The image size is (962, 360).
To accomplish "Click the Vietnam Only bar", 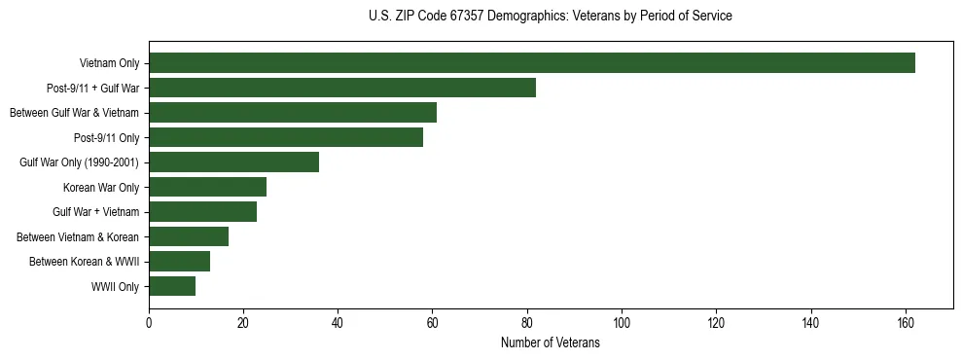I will [532, 63].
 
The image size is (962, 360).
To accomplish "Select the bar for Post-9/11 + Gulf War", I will [342, 88].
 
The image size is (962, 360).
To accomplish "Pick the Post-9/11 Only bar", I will [286, 137].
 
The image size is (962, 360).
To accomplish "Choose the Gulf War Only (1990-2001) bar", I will [233, 162].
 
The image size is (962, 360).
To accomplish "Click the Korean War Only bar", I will [207, 187].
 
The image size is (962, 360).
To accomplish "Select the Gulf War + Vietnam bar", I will [202, 212].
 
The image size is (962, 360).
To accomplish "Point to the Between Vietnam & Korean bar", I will [189, 236].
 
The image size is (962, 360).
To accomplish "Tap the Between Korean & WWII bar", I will [179, 262].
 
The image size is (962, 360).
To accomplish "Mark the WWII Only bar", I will [172, 286].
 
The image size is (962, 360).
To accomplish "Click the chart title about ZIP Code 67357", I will [551, 17].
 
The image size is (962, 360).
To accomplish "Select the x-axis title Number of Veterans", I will [551, 343].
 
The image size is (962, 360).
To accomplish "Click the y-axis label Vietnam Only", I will [109, 64].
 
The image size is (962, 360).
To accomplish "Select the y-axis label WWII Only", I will [115, 287].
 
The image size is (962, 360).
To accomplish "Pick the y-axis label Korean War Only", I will [101, 188].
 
